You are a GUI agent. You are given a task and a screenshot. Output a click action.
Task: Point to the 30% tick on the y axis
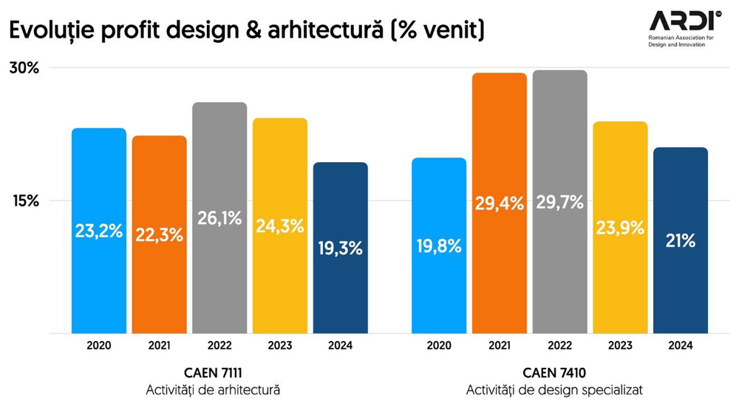point(24,68)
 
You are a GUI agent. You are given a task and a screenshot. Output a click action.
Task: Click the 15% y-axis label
point(24,200)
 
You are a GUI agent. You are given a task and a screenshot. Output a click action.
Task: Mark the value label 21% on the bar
point(680,240)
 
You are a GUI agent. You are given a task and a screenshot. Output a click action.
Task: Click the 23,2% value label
point(99,231)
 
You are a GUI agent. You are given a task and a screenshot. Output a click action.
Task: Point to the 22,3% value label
point(159,235)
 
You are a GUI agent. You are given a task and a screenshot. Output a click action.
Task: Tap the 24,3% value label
point(280,226)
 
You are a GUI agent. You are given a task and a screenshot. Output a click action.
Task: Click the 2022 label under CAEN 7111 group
point(219,345)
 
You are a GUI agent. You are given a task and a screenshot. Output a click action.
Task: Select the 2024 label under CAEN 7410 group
point(680,345)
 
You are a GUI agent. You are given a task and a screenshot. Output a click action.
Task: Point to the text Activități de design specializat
point(554,390)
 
